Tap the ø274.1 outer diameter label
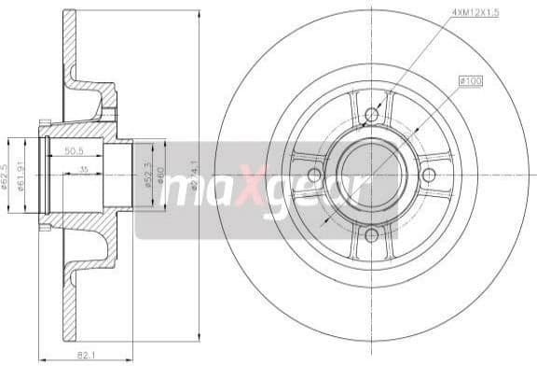pos(193,176)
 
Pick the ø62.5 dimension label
pos(5,175)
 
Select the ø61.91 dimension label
pos(21,175)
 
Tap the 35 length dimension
pos(84,169)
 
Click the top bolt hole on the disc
pos(371,115)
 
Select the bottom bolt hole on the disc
pos(371,235)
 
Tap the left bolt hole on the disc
pos(313,176)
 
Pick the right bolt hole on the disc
pos(429,176)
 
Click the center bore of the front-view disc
pos(371,176)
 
